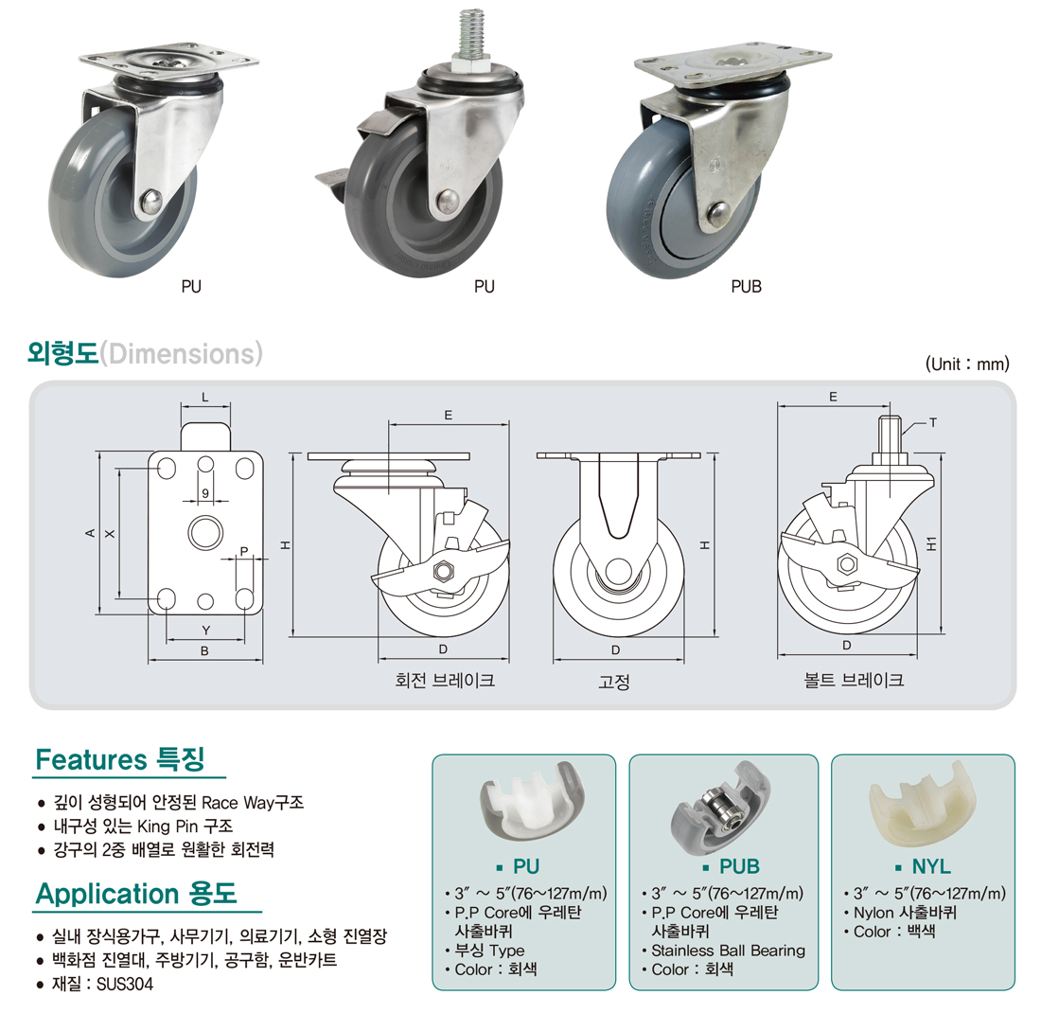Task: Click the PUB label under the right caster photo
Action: click(747, 286)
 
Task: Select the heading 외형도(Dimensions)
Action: click(145, 353)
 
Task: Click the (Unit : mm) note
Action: click(967, 364)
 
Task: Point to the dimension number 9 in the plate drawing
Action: click(205, 493)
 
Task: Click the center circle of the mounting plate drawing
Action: click(205, 532)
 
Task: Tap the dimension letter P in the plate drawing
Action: click(243, 551)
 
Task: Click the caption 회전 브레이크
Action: click(445, 680)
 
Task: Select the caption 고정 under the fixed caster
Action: click(614, 682)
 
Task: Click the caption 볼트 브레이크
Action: click(854, 680)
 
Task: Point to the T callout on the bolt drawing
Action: click(933, 422)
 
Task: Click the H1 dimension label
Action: click(932, 543)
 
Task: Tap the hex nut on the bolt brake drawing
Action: click(846, 564)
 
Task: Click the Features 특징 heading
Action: click(120, 759)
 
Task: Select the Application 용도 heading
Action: click(136, 894)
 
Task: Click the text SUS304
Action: click(125, 984)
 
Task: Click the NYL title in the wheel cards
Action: click(931, 866)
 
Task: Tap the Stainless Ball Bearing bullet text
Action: click(729, 951)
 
